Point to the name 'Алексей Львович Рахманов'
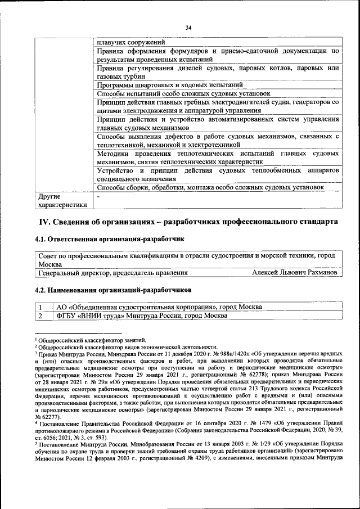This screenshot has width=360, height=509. coord(295,273)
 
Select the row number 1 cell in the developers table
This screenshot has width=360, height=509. coord(40,307)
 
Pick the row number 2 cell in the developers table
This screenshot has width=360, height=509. coord(40,316)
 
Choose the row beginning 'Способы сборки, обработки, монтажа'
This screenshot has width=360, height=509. coord(210,187)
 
